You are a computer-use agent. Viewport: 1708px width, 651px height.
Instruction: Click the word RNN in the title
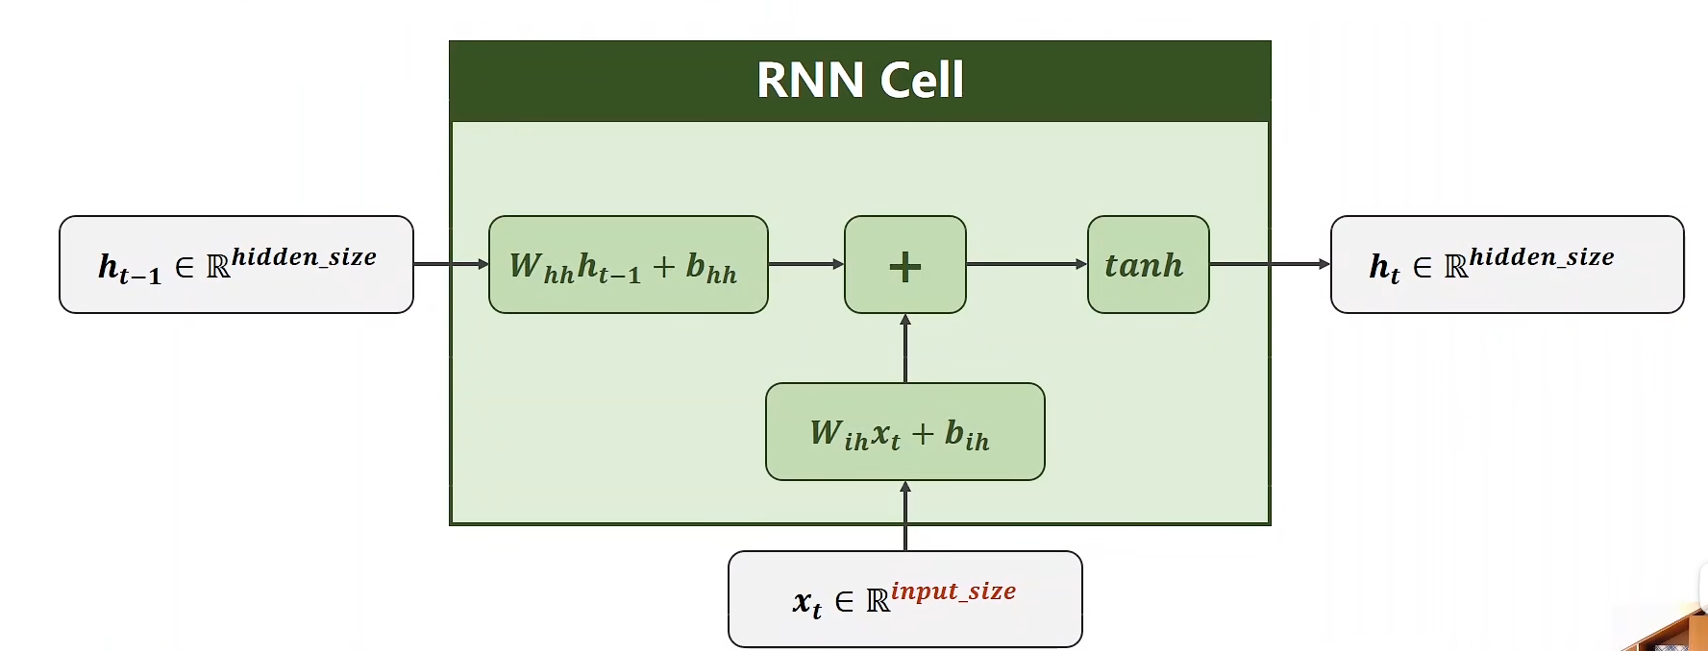pos(809,80)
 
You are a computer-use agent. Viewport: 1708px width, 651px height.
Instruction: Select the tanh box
pos(1148,264)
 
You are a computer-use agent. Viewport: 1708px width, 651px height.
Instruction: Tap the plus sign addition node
pos(904,265)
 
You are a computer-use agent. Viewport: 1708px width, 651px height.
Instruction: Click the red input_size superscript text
pos(953,591)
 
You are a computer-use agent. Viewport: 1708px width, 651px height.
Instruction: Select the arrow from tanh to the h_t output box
pos(1269,264)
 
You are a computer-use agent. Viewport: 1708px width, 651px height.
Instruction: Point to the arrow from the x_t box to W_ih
pos(904,516)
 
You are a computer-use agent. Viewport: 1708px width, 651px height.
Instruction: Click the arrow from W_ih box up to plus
pos(904,349)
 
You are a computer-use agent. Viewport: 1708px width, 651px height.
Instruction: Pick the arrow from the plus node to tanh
pos(1026,264)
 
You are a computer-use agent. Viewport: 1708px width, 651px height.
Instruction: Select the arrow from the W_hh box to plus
pos(805,264)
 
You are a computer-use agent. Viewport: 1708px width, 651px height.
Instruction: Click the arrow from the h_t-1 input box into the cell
pos(450,264)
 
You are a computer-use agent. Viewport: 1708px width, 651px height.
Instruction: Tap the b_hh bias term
pos(711,268)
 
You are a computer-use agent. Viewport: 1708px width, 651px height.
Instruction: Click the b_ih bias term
pos(966,435)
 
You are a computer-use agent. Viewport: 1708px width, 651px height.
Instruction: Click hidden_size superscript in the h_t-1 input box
pos(304,256)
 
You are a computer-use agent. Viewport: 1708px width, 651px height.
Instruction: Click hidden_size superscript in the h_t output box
pos(1541,256)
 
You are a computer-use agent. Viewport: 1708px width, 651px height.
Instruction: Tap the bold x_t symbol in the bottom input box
pos(806,603)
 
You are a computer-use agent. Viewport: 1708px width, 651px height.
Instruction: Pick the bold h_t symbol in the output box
pos(1384,268)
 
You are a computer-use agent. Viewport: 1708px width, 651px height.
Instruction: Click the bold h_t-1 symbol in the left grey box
pos(129,268)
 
